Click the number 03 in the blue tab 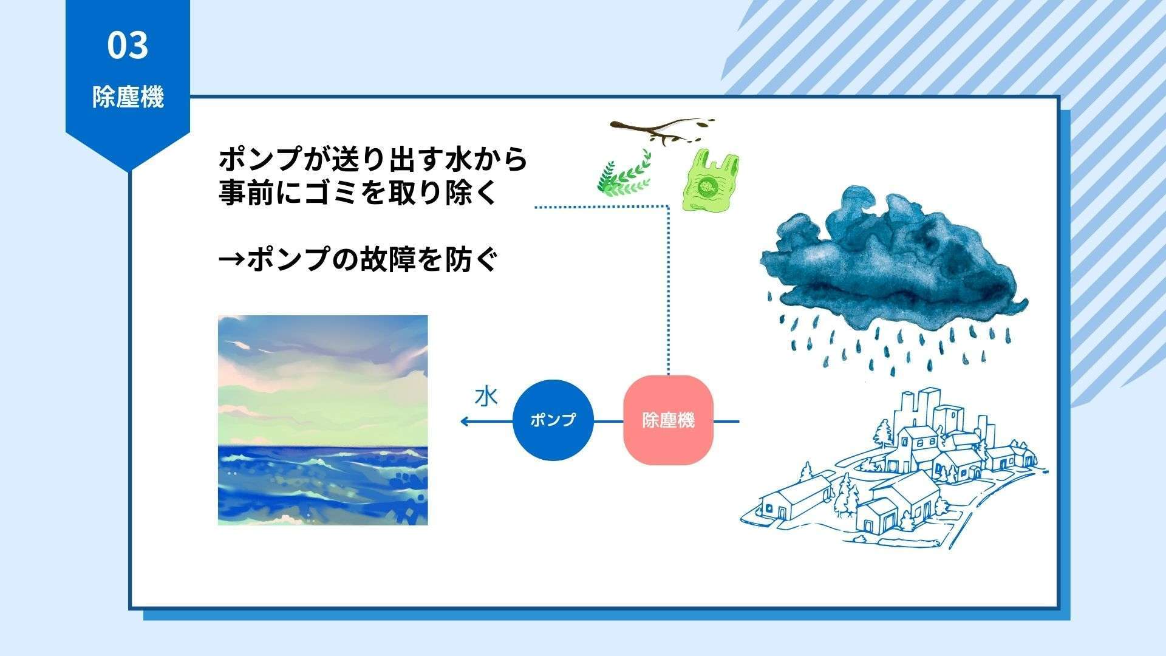[x=128, y=46]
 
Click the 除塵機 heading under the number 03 [x=128, y=97]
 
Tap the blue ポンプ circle [x=553, y=420]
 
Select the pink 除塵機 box [x=668, y=420]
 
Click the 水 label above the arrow [x=486, y=397]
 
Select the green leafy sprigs [x=624, y=173]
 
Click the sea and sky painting [x=322, y=420]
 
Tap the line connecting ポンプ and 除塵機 [x=608, y=421]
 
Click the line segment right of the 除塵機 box [x=726, y=421]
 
